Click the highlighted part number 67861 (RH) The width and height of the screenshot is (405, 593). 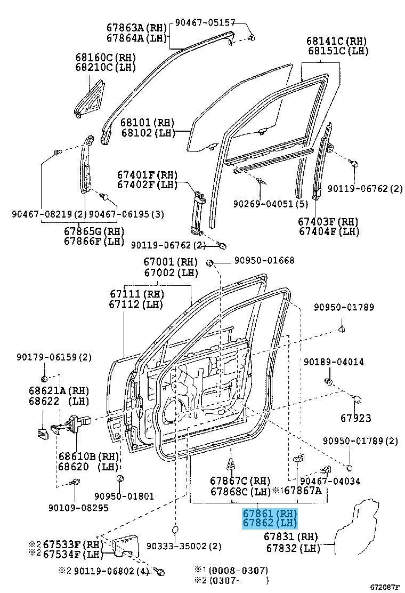269,514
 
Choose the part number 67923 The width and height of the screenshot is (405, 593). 356,418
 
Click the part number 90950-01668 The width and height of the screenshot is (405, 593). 263,261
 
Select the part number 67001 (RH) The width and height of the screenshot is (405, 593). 170,261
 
